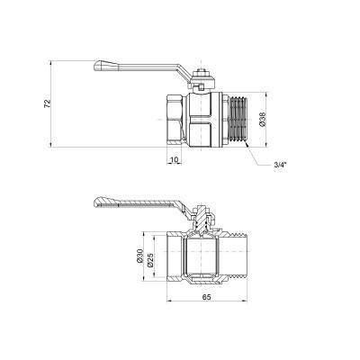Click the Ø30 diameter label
point(139,259)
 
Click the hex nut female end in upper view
point(175,120)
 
